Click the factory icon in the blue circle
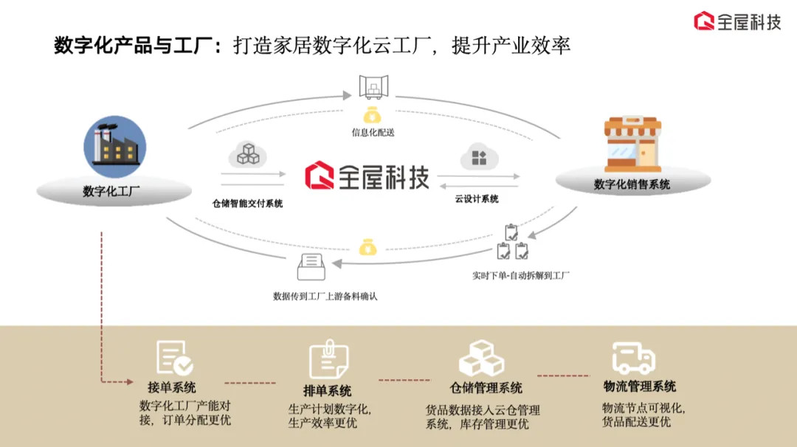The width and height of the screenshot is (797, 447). click(115, 146)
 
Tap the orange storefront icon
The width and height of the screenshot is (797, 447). click(632, 145)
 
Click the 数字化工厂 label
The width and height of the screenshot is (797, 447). click(111, 192)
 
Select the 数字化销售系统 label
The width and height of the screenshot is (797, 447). click(632, 184)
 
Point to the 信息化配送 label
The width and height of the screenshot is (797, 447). click(373, 133)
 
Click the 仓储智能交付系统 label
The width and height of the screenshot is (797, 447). click(247, 204)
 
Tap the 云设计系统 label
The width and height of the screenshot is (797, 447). click(477, 199)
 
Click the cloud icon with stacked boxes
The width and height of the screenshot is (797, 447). click(247, 154)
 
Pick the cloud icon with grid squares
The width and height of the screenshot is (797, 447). click(480, 157)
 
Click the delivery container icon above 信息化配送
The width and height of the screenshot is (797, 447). click(373, 86)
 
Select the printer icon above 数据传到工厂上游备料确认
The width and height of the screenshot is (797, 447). click(311, 267)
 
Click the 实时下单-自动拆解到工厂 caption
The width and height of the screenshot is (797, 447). click(521, 275)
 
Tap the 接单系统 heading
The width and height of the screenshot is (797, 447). click(172, 387)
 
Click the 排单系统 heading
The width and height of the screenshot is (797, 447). click(328, 391)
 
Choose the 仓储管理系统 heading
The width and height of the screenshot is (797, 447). click(486, 388)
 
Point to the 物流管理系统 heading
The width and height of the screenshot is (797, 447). click(639, 387)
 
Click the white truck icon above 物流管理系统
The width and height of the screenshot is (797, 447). click(634, 358)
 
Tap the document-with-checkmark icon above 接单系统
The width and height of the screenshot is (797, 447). click(174, 358)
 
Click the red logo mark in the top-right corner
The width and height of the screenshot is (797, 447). click(704, 21)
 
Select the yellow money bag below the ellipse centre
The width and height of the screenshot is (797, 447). click(368, 247)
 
